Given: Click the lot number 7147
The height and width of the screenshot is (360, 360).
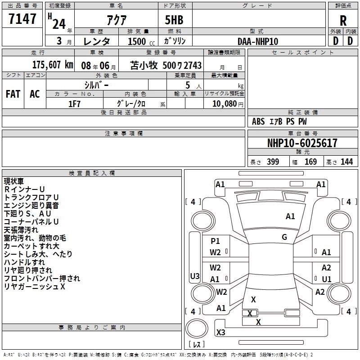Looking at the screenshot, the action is [x=22, y=19].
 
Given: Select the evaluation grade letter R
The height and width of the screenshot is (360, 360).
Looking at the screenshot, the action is [x=343, y=20].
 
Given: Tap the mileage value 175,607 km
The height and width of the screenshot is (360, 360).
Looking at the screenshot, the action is [x=53, y=65].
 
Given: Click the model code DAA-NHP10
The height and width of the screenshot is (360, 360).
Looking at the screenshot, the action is [x=258, y=41].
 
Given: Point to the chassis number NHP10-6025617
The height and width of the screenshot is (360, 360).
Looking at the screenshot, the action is [x=302, y=143].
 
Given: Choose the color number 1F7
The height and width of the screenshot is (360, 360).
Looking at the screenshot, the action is [x=74, y=103].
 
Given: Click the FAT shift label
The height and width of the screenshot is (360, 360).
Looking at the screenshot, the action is [x=13, y=94].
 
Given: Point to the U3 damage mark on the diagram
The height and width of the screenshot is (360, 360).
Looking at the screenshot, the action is [x=194, y=276].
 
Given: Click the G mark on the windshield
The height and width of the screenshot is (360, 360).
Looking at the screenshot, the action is [x=284, y=237].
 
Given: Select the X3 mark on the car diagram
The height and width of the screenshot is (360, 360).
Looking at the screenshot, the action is [x=220, y=332].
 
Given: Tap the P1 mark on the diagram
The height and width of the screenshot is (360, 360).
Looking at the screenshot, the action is [x=215, y=241].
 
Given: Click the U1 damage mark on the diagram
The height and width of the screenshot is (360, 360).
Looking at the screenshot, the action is [x=326, y=279].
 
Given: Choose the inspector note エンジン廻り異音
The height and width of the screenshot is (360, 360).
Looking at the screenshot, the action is [x=31, y=206].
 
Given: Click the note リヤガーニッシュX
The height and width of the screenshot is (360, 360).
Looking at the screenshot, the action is [x=35, y=287].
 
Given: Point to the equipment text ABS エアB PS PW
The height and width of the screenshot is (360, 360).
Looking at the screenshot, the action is [x=279, y=121].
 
